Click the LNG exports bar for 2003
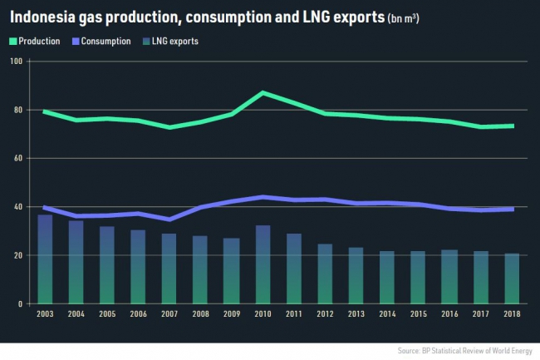click(x=46, y=259)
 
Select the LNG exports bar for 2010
click(x=262, y=264)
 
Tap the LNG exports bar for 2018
click(x=513, y=279)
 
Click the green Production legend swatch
click(x=15, y=41)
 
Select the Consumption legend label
click(x=109, y=41)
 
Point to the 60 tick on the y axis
click(x=18, y=158)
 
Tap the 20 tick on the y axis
click(x=18, y=255)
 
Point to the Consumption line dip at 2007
click(x=169, y=219)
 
